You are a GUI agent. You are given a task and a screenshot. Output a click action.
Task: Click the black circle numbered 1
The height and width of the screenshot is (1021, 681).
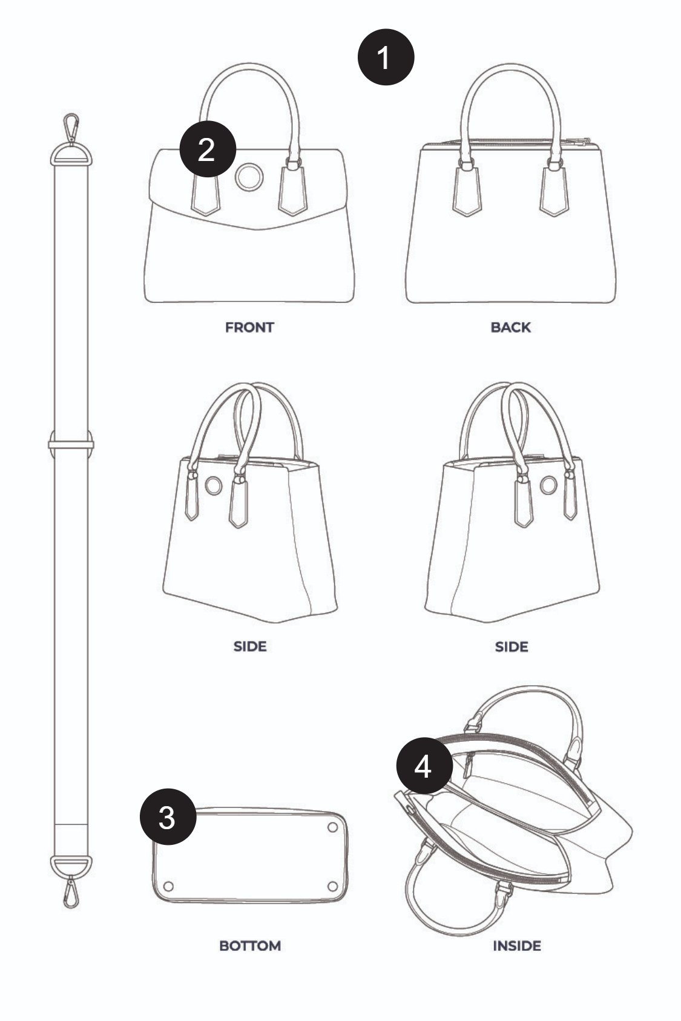point(386,57)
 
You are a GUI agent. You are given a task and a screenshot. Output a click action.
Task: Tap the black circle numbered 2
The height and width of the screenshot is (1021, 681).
point(208,149)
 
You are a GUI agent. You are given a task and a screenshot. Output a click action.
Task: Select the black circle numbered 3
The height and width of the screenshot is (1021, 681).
point(168,817)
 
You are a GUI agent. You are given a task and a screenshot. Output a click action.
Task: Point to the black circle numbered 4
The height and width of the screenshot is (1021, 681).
point(424,766)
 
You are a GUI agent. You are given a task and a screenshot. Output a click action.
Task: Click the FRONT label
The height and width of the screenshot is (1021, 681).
point(249,327)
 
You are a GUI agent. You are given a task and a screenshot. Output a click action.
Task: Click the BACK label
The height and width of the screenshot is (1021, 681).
point(510,327)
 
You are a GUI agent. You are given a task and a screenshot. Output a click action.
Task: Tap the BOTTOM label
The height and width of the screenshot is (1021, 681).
point(250,946)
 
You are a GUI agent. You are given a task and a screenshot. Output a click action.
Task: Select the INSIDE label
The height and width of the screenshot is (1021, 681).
point(517,946)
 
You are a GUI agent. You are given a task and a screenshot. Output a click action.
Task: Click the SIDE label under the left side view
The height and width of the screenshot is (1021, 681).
point(250,646)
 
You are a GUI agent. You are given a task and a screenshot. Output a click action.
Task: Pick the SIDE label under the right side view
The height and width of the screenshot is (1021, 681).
point(512,647)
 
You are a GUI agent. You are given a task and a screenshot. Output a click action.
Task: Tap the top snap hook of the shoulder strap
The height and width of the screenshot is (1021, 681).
point(71,128)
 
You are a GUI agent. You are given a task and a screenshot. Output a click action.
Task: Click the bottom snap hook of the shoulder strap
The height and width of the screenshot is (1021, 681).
point(71,893)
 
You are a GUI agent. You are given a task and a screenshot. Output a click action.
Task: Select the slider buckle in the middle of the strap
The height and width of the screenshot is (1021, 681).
point(71,444)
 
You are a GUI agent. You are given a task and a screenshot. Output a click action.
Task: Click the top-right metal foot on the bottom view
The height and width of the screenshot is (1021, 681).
point(332,827)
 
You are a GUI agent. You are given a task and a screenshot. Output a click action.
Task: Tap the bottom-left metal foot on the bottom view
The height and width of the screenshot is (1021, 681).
point(168,886)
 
